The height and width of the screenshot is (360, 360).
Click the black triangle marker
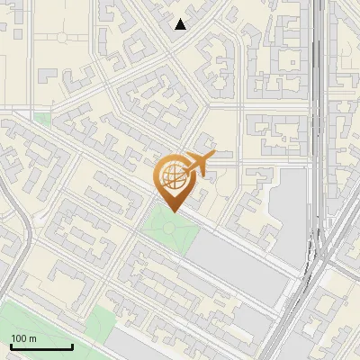click(x=181, y=23)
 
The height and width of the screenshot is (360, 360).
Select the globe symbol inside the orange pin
click(x=172, y=177)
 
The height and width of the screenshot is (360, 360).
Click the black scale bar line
click(x=40, y=346)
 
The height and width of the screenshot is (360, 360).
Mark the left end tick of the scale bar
click(x=10, y=345)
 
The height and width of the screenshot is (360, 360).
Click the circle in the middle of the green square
click(x=168, y=228)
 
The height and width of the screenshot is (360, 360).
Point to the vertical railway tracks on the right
click(x=319, y=108)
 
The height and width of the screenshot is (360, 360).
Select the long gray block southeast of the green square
click(x=243, y=265)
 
